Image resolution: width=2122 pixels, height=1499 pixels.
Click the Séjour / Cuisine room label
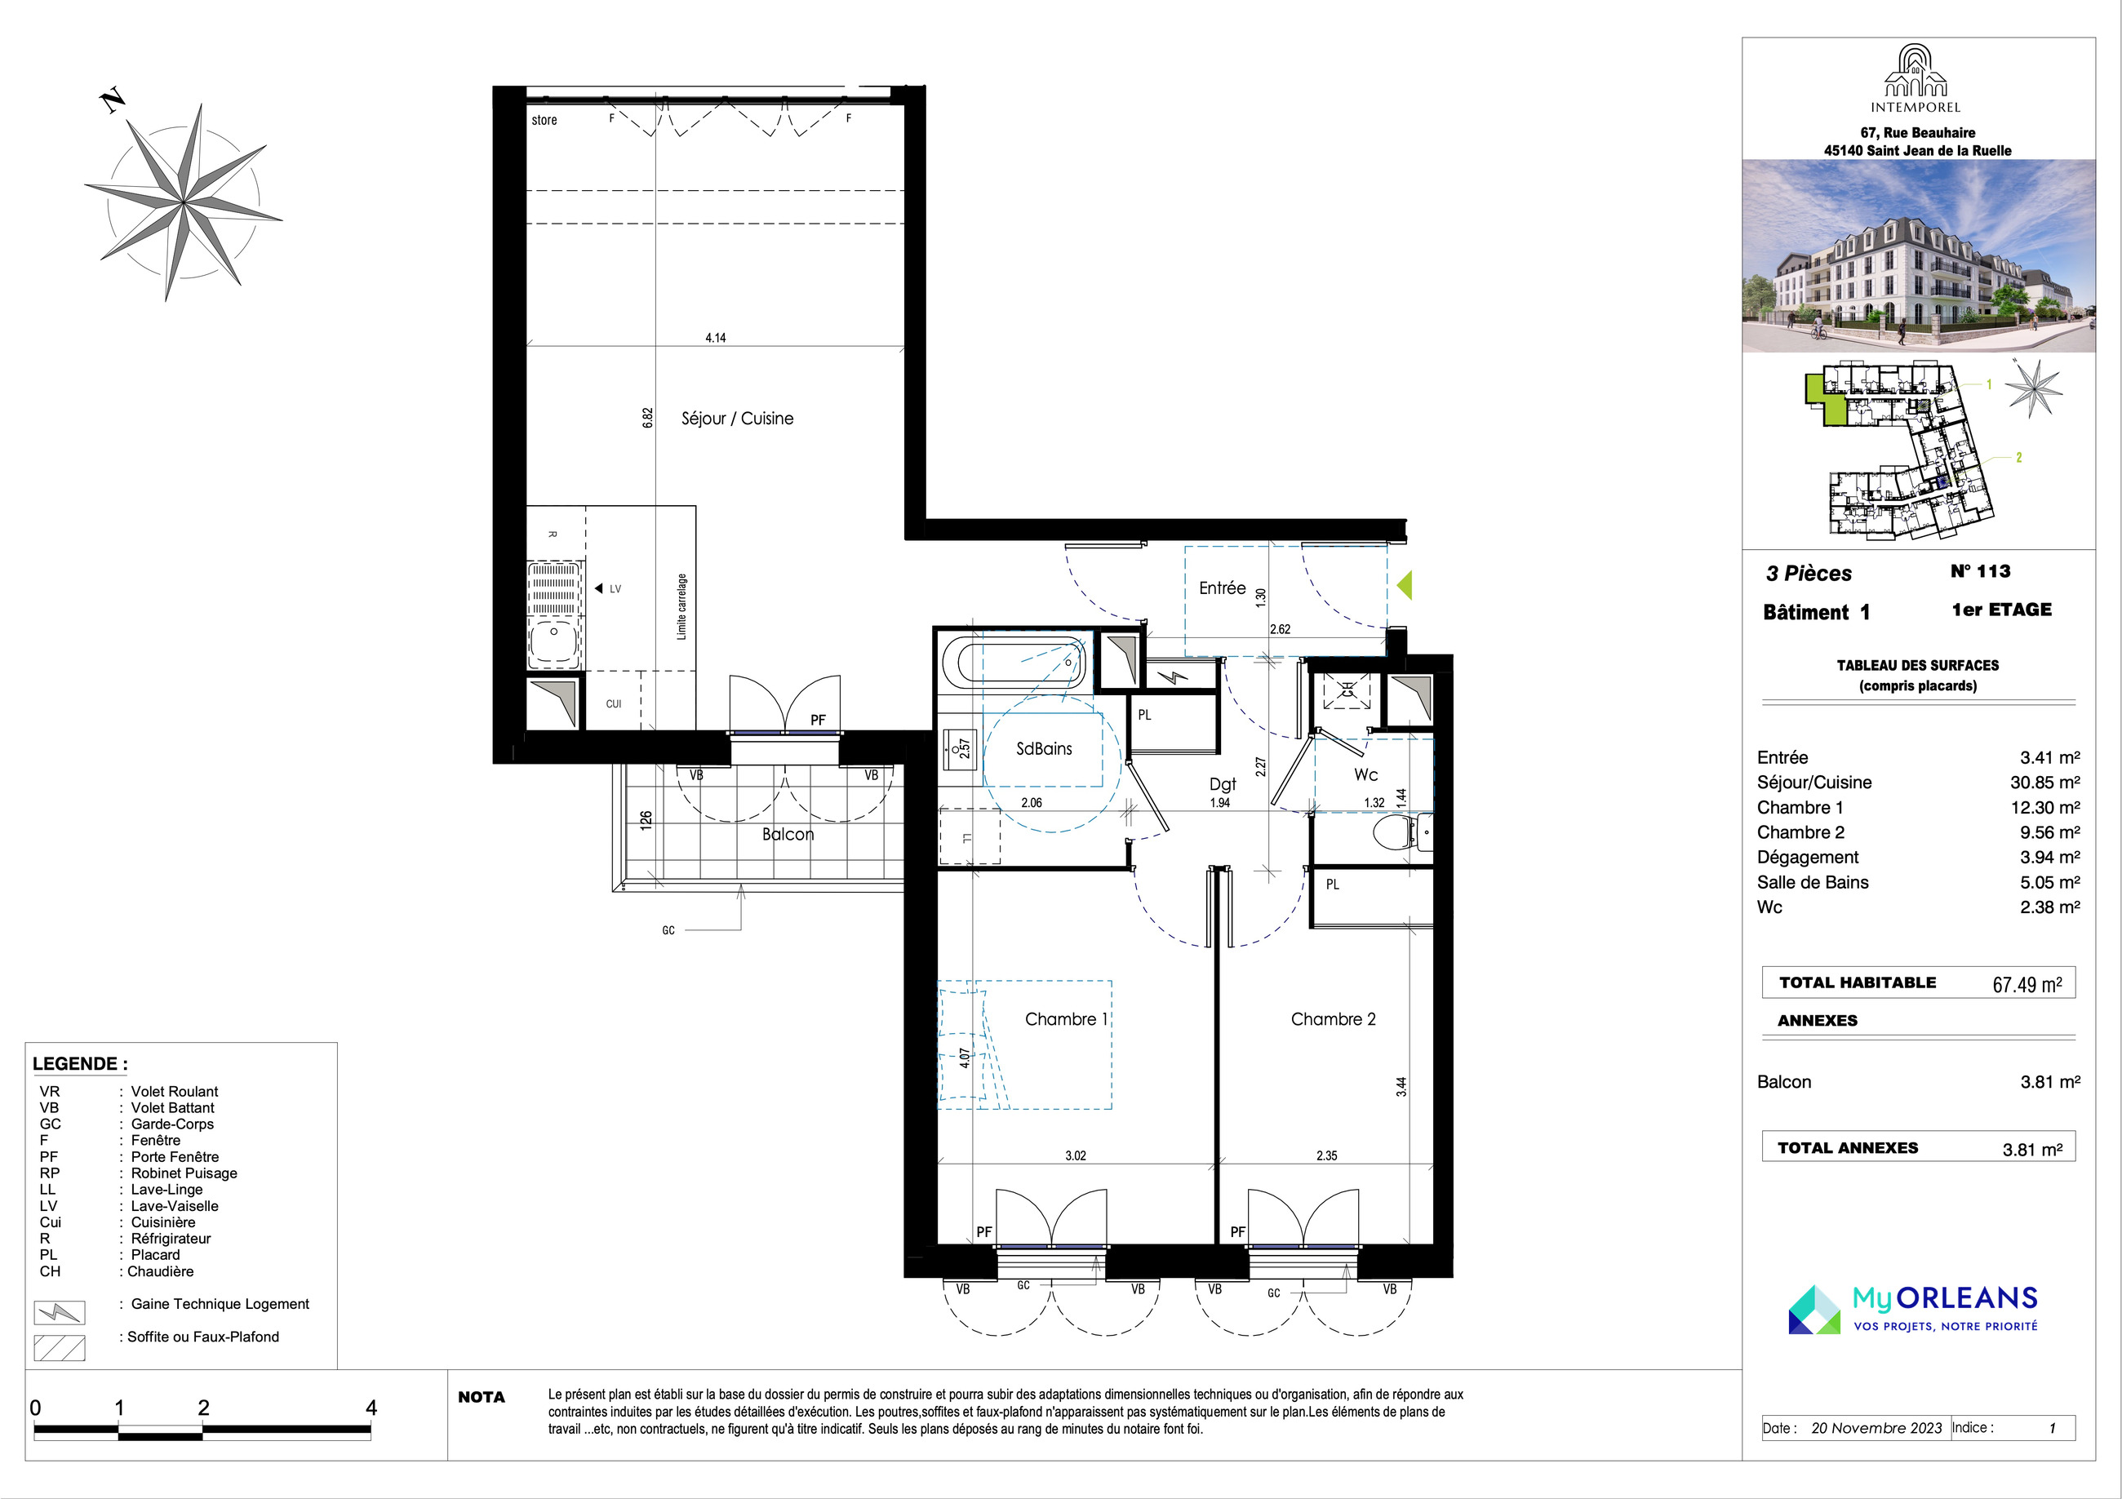[737, 419]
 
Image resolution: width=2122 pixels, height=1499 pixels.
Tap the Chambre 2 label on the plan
[1333, 1019]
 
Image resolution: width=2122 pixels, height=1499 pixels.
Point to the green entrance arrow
[1404, 585]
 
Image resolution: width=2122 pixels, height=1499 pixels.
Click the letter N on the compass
[113, 100]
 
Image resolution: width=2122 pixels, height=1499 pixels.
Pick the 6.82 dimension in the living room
[648, 418]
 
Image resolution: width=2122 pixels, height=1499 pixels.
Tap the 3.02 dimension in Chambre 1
[1075, 1156]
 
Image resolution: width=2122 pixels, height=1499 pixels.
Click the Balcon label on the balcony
[788, 835]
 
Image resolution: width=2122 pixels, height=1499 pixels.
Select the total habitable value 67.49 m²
[2027, 985]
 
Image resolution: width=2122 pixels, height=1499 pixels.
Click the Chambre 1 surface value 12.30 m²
[2045, 808]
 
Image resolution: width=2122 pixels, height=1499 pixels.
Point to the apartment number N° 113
[1980, 571]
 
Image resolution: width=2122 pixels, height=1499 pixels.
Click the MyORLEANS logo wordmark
[1945, 1299]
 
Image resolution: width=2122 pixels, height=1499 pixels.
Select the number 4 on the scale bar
[371, 1408]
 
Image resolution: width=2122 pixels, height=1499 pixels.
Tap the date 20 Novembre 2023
[1876, 1428]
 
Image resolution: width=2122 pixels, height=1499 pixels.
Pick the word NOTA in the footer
[482, 1397]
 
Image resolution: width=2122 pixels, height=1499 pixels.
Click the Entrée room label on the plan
[1222, 588]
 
